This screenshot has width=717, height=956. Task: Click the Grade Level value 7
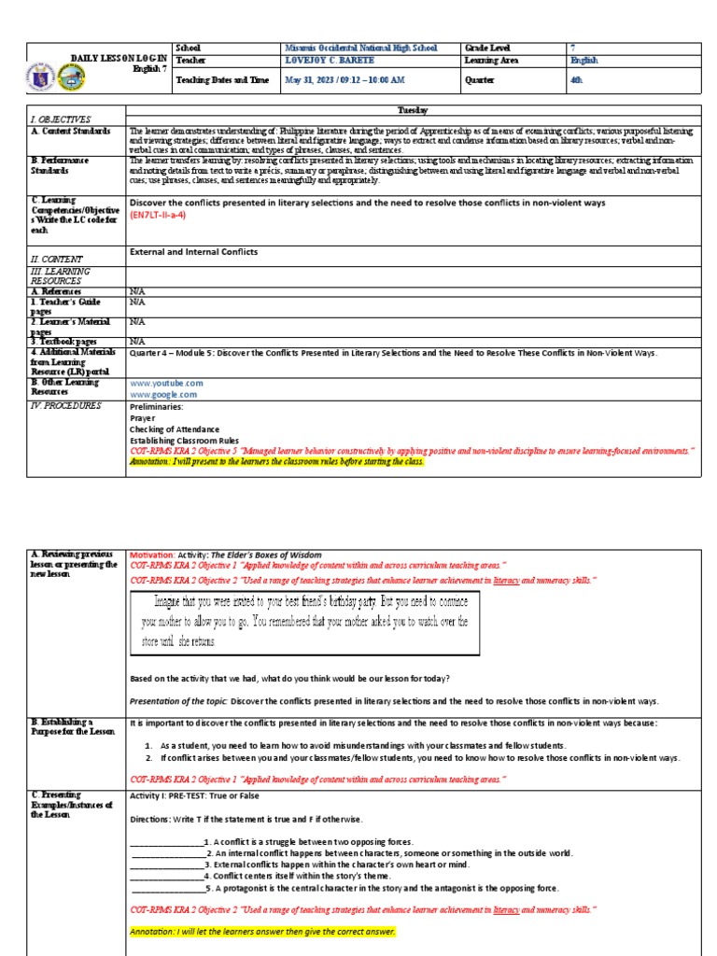[x=573, y=48]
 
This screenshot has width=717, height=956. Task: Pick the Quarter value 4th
[x=576, y=80]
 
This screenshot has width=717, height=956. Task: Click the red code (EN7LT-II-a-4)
[x=158, y=215]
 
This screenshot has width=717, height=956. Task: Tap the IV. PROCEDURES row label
[x=65, y=406]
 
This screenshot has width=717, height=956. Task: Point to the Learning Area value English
[x=583, y=61]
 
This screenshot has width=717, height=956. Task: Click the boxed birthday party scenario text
[x=305, y=621]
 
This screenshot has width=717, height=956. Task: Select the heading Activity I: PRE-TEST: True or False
[x=194, y=795]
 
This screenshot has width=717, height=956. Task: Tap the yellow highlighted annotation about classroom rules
[x=276, y=461]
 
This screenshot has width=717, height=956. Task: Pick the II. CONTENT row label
[x=57, y=259]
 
